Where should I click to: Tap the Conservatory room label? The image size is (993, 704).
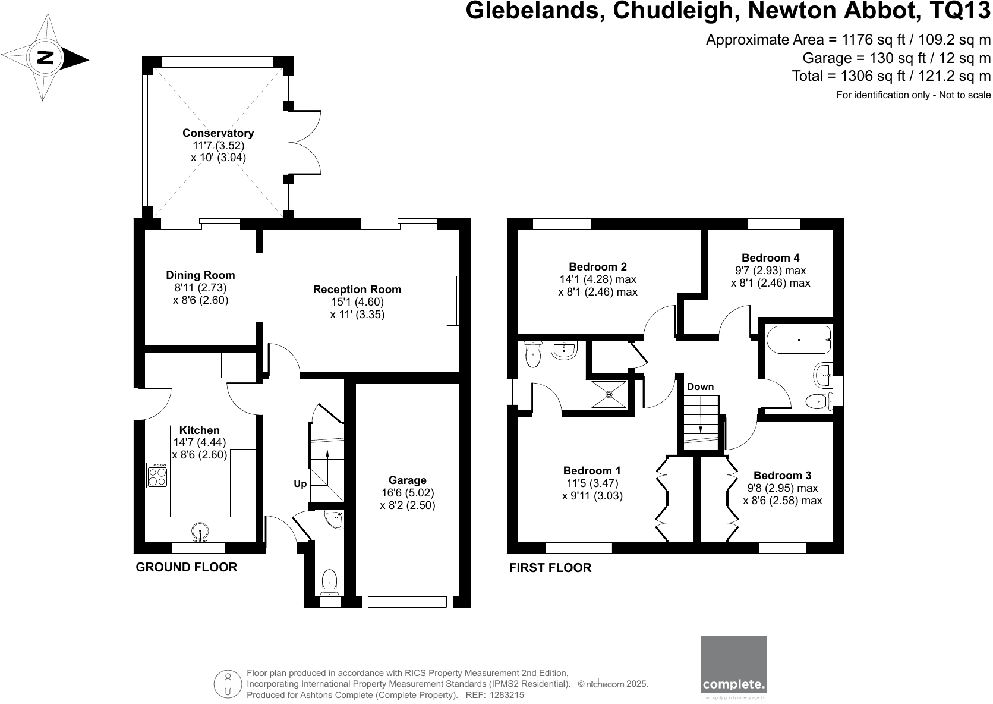click(218, 133)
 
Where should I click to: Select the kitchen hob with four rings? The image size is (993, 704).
click(158, 475)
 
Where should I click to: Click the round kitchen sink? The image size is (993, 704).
click(200, 531)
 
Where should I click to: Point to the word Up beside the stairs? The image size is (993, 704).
click(300, 484)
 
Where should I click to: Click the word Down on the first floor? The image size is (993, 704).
click(700, 386)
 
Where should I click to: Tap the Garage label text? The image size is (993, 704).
click(408, 480)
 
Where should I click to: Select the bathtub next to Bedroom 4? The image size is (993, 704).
click(797, 340)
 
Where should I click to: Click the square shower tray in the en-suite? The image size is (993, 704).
click(609, 394)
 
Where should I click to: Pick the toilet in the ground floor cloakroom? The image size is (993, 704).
click(329, 581)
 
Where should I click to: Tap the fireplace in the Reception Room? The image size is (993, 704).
click(453, 300)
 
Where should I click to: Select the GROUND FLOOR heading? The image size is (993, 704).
click(187, 567)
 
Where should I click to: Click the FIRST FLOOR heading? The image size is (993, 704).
click(550, 568)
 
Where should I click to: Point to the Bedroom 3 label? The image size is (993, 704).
click(782, 475)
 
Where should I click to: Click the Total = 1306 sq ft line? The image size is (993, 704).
click(891, 76)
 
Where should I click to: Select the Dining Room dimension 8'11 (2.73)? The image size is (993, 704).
click(200, 288)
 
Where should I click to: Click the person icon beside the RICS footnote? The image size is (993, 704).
click(228, 684)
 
